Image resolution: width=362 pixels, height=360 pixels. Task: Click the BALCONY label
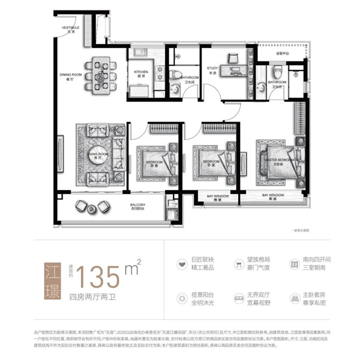coord(138,206)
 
